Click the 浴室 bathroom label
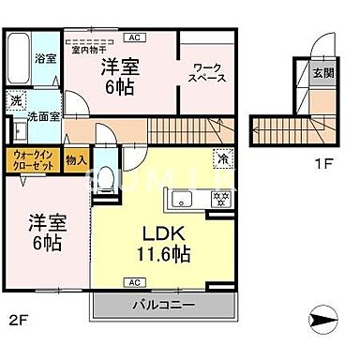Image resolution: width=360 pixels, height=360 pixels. point(45,58)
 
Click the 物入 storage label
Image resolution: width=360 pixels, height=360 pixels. point(77,160)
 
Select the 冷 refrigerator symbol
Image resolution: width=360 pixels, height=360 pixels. point(223,158)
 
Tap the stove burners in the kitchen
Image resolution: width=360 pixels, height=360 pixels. point(223,200)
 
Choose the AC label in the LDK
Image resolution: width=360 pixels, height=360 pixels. point(134,283)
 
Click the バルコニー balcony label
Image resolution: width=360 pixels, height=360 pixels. point(156,306)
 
